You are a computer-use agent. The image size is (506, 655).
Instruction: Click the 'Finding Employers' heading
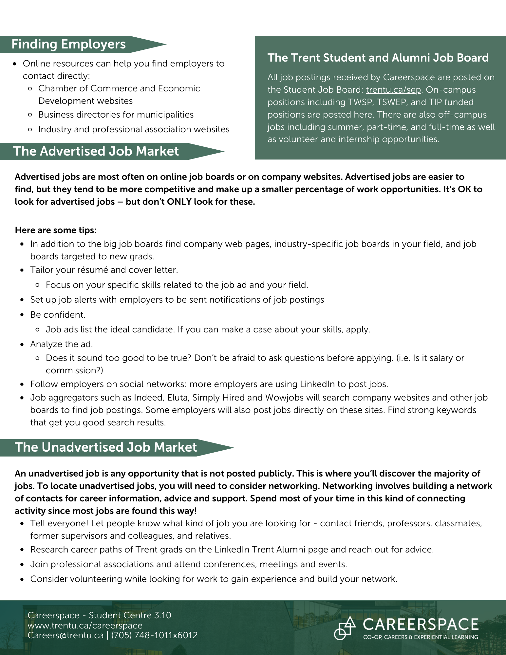pos(68,44)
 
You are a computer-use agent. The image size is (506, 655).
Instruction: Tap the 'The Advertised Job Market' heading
pos(96,151)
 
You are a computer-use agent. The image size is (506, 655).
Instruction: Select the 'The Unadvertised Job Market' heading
pos(106,447)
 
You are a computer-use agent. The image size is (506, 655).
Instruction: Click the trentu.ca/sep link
pos(393,90)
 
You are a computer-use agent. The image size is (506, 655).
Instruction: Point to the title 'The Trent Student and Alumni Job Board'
pos(378,58)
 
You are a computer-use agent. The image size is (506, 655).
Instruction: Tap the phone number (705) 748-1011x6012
pos(155,635)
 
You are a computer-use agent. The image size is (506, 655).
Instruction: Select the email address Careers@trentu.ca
pos(66,635)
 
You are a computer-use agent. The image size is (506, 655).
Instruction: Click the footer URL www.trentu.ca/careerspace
pos(85,626)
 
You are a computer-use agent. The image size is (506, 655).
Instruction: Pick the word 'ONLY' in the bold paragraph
pos(179,202)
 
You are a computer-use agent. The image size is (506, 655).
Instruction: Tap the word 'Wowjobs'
pos(280,398)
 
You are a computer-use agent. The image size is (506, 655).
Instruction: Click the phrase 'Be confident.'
pos(58,315)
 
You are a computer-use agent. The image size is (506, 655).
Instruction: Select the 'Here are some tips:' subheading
pos(56,230)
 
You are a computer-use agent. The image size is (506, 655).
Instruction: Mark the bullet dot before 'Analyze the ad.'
pos(22,345)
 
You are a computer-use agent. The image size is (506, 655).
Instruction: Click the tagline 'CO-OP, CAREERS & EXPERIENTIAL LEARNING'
pos(421,637)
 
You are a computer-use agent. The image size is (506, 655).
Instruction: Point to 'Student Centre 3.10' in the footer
pos(130,615)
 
